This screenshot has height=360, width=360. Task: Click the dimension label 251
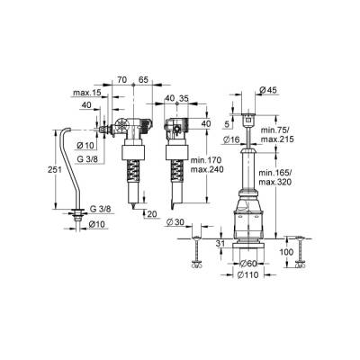(55, 170)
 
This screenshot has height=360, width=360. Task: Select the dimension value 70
(121, 80)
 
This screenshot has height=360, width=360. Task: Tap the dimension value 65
(143, 80)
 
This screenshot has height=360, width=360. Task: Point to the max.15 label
(87, 93)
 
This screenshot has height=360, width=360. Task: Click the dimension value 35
(184, 98)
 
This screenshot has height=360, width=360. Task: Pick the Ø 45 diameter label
(268, 90)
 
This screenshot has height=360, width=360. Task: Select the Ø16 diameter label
(231, 139)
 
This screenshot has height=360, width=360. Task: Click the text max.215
(277, 139)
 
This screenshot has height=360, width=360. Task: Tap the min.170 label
(207, 159)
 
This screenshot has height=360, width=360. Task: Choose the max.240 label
(207, 169)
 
